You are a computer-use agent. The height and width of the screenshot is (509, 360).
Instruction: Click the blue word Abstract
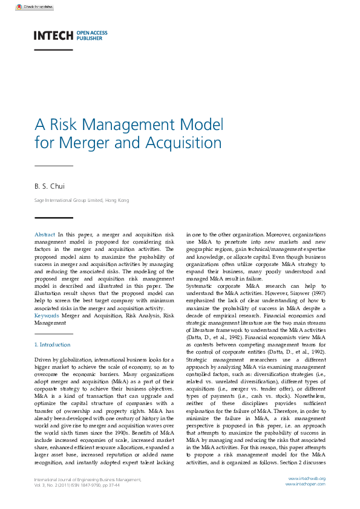coord(45,234)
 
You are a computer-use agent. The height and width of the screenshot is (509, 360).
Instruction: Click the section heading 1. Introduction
coord(52,345)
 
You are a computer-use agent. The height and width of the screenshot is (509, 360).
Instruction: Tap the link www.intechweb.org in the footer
coord(307,479)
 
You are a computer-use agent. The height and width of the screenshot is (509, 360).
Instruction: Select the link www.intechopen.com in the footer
coord(306,484)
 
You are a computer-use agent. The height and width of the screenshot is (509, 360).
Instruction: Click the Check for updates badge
coord(34,7)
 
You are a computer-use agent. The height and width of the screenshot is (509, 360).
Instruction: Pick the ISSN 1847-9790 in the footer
coord(83,485)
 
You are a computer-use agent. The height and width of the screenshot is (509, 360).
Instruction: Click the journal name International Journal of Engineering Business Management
coord(87,479)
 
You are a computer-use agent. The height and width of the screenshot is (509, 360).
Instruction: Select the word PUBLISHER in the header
coord(90,38)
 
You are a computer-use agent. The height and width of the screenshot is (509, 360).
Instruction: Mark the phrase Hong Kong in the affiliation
coord(117,200)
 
